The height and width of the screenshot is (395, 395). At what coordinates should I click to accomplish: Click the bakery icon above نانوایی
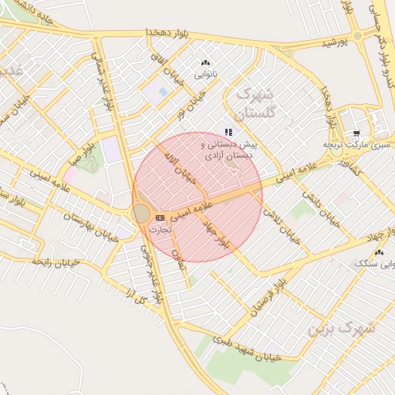pyautogui.click(x=204, y=62)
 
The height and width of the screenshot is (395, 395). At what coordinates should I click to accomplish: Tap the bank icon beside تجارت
pyautogui.click(x=160, y=218)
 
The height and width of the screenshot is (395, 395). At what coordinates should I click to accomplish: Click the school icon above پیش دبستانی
pyautogui.click(x=228, y=132)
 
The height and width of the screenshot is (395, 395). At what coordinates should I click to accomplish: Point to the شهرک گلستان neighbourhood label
pyautogui.click(x=255, y=102)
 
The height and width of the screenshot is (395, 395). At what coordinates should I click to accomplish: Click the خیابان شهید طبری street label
pyautogui.click(x=245, y=351)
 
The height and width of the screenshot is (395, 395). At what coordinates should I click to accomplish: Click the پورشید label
pyautogui.click(x=335, y=43)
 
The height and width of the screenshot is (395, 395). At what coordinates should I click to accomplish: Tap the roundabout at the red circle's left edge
pyautogui.click(x=141, y=213)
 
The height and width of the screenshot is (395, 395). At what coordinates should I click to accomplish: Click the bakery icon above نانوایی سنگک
pyautogui.click(x=378, y=252)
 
